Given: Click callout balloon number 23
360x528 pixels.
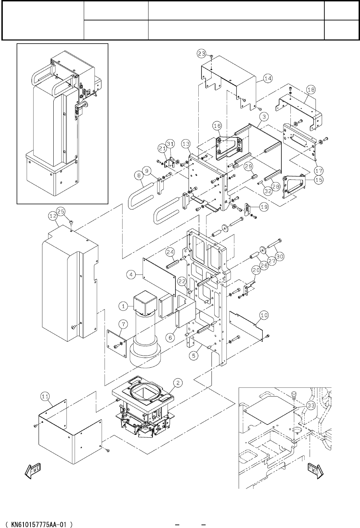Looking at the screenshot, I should tap(202, 54).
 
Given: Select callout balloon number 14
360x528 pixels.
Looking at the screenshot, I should tap(268, 79).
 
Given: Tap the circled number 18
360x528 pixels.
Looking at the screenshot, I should tap(311, 90).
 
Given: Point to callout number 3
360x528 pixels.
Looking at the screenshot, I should tap(264, 117).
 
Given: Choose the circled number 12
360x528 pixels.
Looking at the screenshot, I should tap(53, 216).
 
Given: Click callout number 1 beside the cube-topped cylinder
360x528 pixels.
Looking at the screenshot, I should tap(123, 306).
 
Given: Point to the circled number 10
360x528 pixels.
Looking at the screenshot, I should tap(264, 315).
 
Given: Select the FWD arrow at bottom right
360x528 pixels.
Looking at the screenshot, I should tap(315, 471).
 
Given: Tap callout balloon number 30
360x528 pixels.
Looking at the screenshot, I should tap(280, 257).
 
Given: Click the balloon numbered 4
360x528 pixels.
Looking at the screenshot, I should tap(131, 275).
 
